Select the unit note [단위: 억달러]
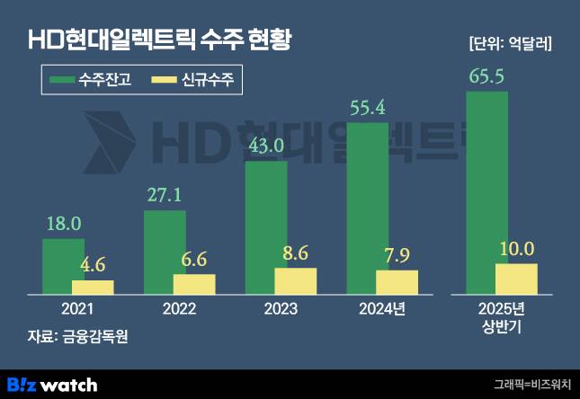click(x=510, y=42)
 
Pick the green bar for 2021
click(x=63, y=266)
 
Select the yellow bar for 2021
click(x=93, y=287)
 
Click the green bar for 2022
click(x=165, y=253)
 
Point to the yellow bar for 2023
click(x=295, y=280)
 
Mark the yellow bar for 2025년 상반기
click(x=516, y=279)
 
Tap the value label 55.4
click(x=367, y=109)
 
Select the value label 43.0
click(x=265, y=146)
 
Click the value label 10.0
click(x=516, y=249)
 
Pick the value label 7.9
click(x=397, y=255)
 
